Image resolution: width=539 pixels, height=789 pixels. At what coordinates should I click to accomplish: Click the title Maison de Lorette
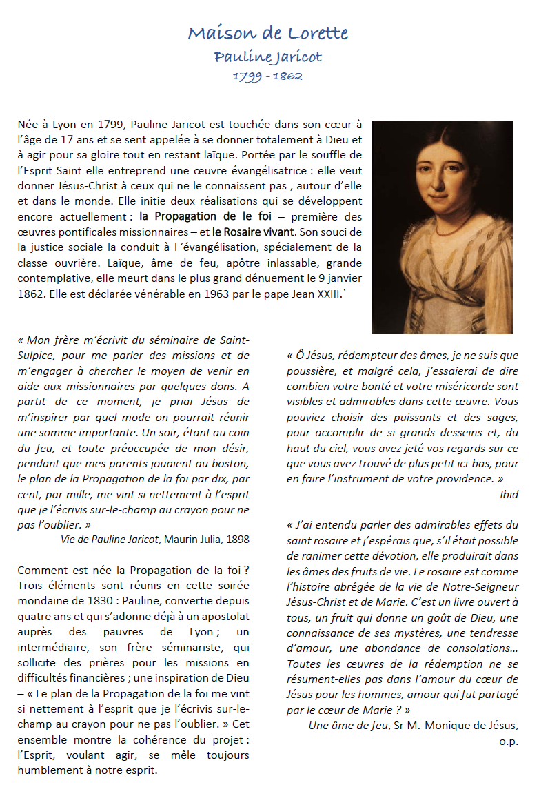(268, 32)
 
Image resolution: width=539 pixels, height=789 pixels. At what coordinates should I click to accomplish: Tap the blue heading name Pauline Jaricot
(268, 57)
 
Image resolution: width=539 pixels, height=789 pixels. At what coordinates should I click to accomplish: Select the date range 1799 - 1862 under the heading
(268, 76)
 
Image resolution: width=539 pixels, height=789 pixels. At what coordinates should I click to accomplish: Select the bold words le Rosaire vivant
(254, 232)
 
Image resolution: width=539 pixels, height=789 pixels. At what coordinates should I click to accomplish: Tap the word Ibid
(509, 494)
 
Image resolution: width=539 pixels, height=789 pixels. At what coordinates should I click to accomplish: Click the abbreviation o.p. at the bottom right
(509, 741)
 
